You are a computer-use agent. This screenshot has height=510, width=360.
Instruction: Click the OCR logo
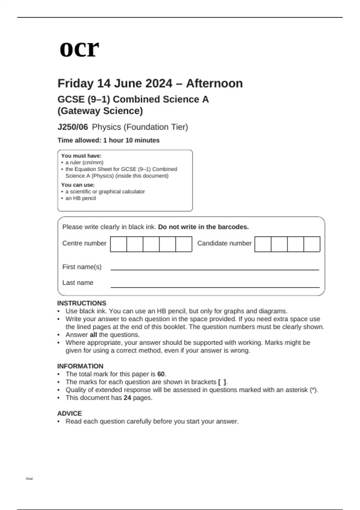pyautogui.click(x=79, y=49)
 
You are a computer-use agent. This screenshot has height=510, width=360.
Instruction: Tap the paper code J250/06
pyautogui.click(x=73, y=127)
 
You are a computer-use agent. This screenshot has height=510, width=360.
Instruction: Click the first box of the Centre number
pyautogui.click(x=118, y=244)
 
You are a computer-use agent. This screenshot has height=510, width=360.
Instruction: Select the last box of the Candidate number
pyautogui.click(x=312, y=244)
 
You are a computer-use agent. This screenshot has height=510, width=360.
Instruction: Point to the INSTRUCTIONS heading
pyautogui.click(x=82, y=303)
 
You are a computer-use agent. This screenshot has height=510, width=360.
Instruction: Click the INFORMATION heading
pyautogui.click(x=80, y=366)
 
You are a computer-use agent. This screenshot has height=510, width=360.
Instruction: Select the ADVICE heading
pyautogui.click(x=69, y=413)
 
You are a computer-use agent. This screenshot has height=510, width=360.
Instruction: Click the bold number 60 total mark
pyautogui.click(x=161, y=374)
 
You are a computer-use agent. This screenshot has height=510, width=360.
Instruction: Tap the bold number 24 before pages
pyautogui.click(x=127, y=398)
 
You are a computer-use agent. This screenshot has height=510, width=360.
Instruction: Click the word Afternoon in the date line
pyautogui.click(x=214, y=83)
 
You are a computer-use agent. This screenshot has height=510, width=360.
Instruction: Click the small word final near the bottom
pyautogui.click(x=29, y=479)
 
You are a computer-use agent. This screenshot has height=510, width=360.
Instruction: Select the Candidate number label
pyautogui.click(x=224, y=243)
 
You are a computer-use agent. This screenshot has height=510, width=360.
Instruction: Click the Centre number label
pyautogui.click(x=84, y=243)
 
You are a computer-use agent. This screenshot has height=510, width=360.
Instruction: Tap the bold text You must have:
pyautogui.click(x=81, y=156)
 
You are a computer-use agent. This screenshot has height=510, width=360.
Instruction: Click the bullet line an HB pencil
pyautogui.click(x=81, y=198)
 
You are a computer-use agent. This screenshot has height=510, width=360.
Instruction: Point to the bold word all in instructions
pyautogui.click(x=93, y=335)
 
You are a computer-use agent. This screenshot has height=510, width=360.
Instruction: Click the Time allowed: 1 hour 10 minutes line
pyautogui.click(x=108, y=140)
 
